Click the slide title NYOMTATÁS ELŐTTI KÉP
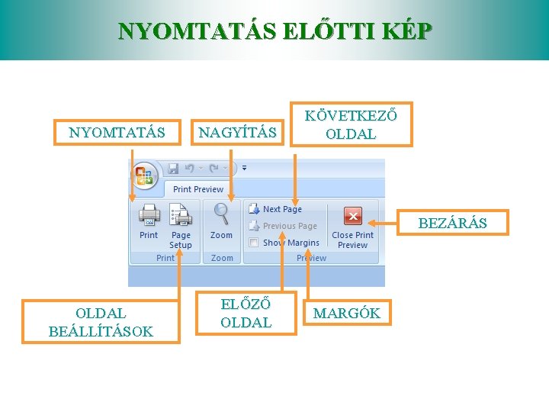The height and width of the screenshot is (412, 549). coord(274,31)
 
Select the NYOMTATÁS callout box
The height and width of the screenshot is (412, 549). coord(117,132)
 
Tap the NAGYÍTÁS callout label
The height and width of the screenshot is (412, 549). coord(237,133)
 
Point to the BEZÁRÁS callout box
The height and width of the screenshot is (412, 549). coord(452,224)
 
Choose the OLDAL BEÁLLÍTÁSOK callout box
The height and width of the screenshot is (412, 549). coord(101,322)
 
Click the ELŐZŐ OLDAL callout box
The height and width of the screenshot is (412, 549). coord(246,314)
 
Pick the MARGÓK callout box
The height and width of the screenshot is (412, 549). coord(347,314)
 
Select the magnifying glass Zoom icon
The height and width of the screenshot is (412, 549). coord(222,214)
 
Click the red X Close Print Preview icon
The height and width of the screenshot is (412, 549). coord(352,216)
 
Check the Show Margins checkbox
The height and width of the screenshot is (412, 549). coord(254,243)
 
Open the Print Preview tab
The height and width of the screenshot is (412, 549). coord(197,189)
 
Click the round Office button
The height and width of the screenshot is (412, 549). coord(145,175)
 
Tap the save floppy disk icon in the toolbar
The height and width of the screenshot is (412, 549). coord(173,168)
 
